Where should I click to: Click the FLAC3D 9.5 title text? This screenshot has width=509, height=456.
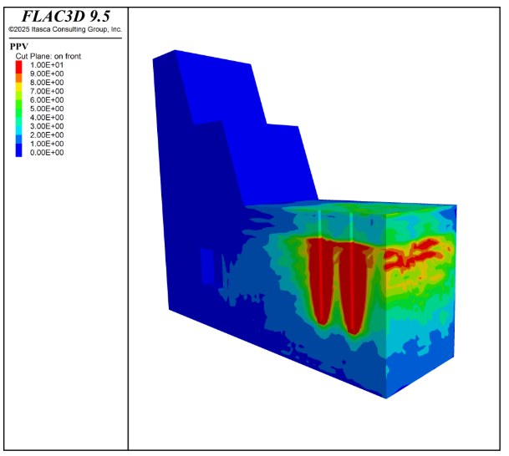[x=66, y=16]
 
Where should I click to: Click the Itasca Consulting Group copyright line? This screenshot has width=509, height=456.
[x=65, y=29]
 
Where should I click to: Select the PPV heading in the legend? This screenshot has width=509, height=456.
[x=19, y=47]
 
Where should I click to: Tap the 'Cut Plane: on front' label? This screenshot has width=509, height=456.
[x=48, y=56]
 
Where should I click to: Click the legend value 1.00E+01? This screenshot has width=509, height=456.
[x=47, y=65]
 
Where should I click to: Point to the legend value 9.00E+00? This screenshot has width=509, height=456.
[x=47, y=73]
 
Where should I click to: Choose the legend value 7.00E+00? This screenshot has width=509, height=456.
[x=47, y=91]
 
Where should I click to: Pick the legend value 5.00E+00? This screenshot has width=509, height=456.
[x=47, y=109]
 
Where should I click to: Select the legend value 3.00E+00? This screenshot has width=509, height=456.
[x=47, y=126]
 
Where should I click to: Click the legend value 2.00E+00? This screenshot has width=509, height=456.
[x=47, y=135]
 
